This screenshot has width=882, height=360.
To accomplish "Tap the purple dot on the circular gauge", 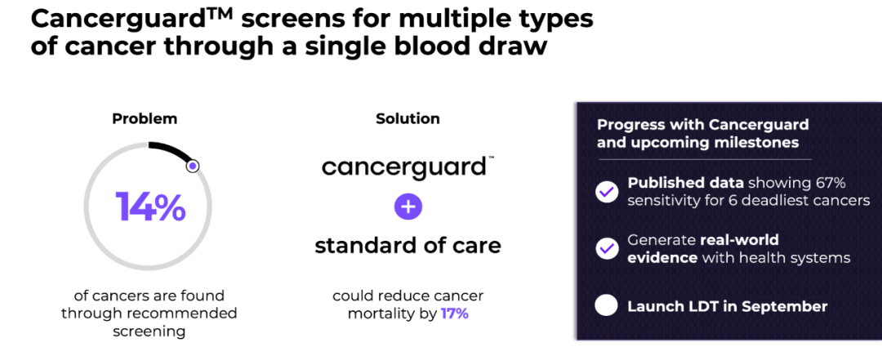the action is coord(193,166).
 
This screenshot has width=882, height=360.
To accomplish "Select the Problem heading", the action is coord(145,118).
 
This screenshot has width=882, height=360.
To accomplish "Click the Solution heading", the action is coord(408,118).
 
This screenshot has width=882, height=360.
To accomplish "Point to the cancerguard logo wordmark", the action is coord(404,167).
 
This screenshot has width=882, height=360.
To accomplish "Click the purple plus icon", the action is coord(408,207).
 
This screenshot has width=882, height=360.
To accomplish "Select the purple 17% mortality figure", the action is coord(455,313).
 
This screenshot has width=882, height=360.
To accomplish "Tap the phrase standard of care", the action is coord(408,246).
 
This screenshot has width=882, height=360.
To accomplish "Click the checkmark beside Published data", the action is coord(607,193).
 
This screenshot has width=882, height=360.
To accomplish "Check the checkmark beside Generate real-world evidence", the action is coord(607,249).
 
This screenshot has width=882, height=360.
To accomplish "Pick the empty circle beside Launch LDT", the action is coord(607,307).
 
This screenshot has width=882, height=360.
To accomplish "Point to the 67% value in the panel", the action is coord(830,184).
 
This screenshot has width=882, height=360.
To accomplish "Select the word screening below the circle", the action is coord(149,332).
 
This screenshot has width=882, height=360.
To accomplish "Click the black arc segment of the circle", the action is coord(171,151).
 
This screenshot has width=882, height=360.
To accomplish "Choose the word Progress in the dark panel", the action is coord(625,125).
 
